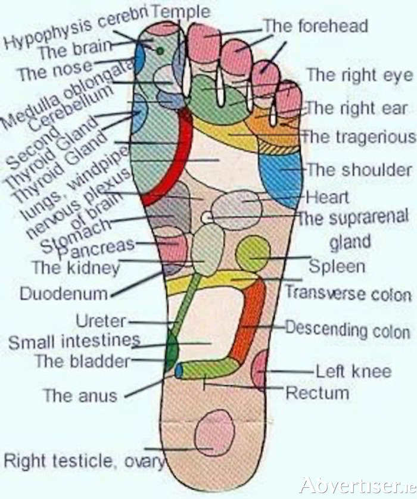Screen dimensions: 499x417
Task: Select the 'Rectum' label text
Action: pyautogui.click(x=318, y=393)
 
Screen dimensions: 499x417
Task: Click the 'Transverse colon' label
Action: pyautogui.click(x=348, y=294)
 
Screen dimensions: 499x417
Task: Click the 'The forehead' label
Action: pyautogui.click(x=316, y=26)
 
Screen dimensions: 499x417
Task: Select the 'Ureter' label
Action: pyautogui.click(x=101, y=322)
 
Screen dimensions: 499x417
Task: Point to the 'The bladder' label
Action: pyautogui.click(x=82, y=361)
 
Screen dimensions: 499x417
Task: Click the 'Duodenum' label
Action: pyautogui.click(x=64, y=294)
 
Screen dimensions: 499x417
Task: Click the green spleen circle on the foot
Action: pyautogui.click(x=253, y=254)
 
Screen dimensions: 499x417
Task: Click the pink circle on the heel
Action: pyautogui.click(x=215, y=433)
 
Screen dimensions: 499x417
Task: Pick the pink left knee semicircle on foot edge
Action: pyautogui.click(x=260, y=369)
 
